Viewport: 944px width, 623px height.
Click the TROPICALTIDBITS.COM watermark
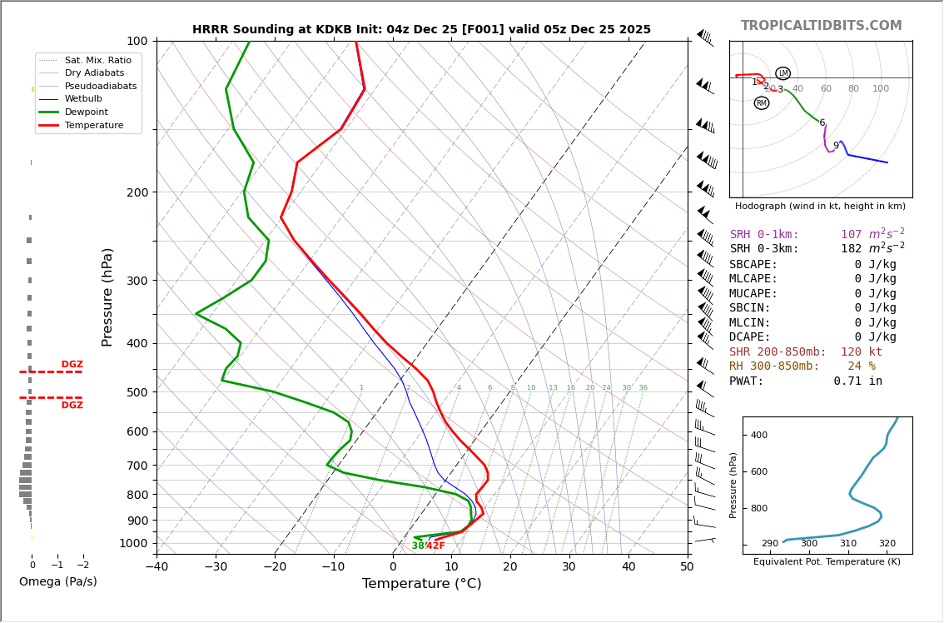point(821,26)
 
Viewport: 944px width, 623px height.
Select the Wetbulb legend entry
point(83,98)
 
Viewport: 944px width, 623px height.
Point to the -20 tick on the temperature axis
point(275,567)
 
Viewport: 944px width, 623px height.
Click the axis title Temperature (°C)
point(421,584)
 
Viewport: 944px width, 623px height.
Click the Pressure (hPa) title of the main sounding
point(107,297)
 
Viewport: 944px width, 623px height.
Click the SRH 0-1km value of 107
point(851,235)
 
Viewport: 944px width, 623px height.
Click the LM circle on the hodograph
point(783,73)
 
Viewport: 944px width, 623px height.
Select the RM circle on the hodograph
point(761,103)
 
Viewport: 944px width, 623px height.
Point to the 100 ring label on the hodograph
point(881,89)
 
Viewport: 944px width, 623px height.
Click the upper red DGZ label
point(72,365)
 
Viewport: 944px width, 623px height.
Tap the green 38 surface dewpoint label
point(418,546)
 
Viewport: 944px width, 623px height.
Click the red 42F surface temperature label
point(435,546)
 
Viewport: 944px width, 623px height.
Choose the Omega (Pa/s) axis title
point(57,582)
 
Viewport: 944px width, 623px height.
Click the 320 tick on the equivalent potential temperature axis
point(887,544)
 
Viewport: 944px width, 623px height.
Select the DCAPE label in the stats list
point(750,337)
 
